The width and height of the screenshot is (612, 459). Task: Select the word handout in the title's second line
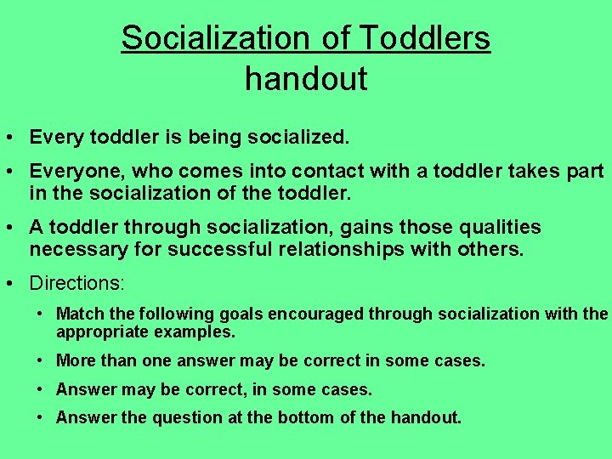(306, 79)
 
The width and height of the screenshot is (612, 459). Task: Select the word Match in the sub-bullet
(77, 314)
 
